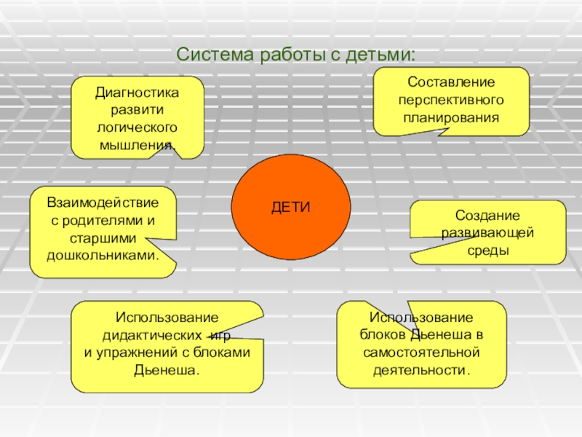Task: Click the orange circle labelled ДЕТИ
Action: coord(290,208)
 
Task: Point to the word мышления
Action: coord(137,143)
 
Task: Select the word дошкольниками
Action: coord(103,256)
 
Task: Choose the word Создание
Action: coord(487,216)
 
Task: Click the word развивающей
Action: coord(487,233)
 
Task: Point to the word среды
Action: coord(487,250)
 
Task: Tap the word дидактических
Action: coord(152,336)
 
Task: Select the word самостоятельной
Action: coord(421,353)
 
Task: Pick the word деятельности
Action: coord(421,369)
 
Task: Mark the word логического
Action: coord(137,127)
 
